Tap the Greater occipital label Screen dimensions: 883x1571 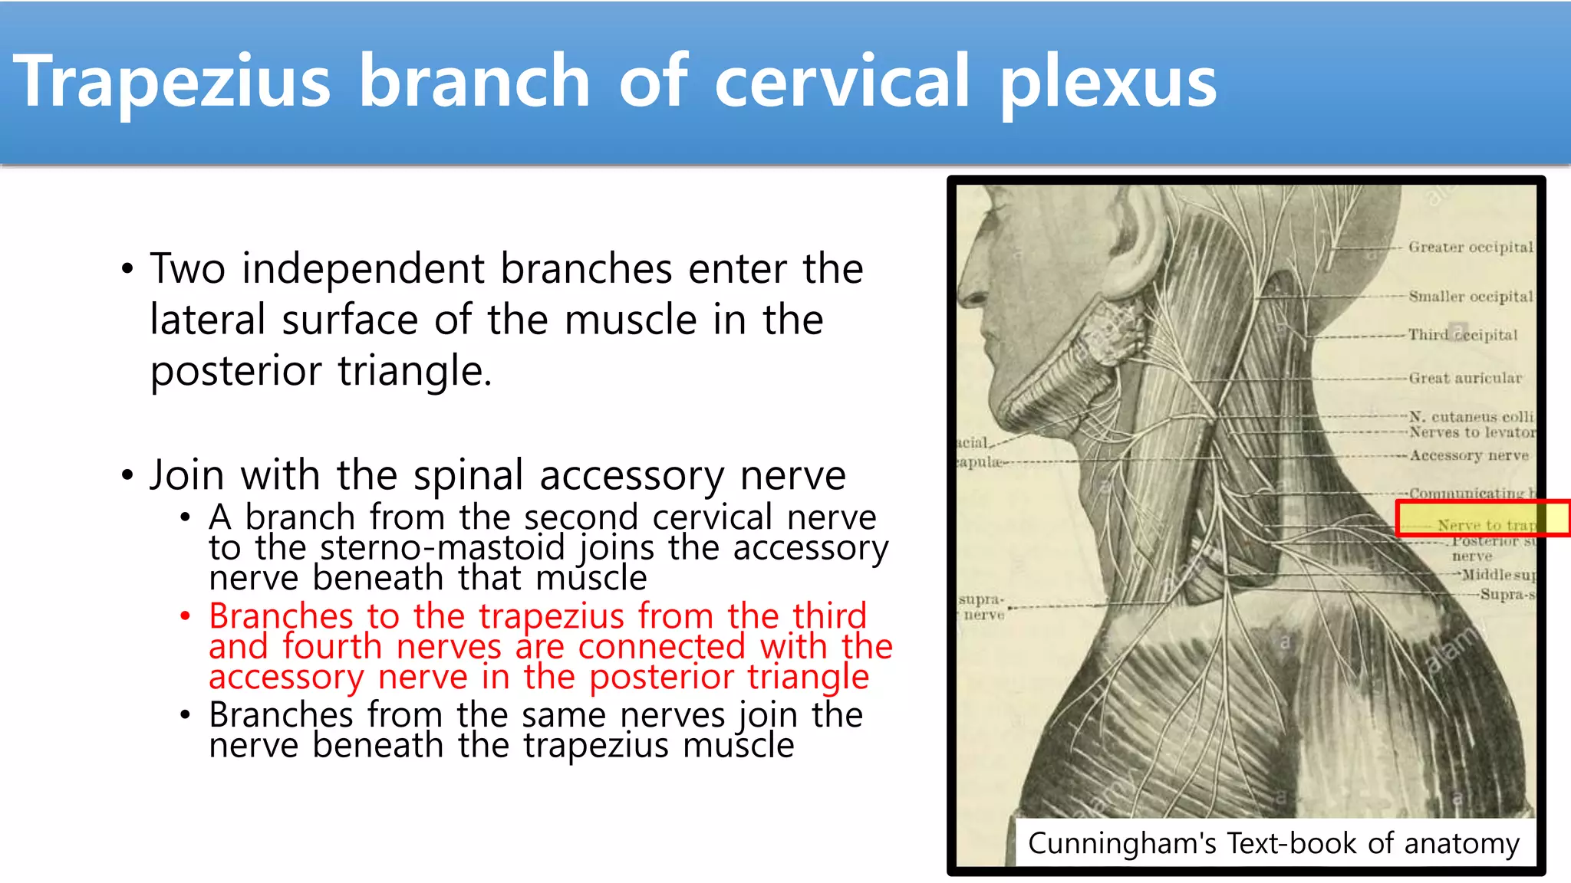[x=1470, y=247]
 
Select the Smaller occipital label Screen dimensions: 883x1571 [x=1470, y=297]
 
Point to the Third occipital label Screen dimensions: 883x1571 [x=1462, y=335]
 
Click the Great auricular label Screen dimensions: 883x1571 [x=1464, y=378]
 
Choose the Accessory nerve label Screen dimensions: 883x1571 [x=1468, y=455]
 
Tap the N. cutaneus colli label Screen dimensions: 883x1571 [x=1470, y=416]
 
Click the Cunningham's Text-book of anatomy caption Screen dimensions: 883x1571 [x=1273, y=843]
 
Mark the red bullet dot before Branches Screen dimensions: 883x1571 [x=185, y=615]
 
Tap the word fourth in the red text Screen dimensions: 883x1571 [x=331, y=646]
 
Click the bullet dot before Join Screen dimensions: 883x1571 [x=127, y=475]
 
